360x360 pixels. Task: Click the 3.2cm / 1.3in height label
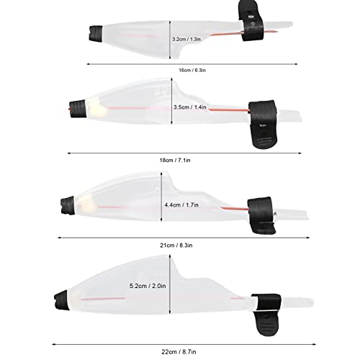186,39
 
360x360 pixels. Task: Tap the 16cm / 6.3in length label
192,71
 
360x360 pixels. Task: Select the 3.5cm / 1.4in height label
190,107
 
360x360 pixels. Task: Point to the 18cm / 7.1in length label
175,160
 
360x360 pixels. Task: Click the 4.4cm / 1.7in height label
181,205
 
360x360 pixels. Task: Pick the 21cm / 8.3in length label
176,246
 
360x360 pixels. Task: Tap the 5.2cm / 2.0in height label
148,286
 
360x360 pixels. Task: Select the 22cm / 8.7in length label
179,352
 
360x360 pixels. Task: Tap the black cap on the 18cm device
78,108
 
